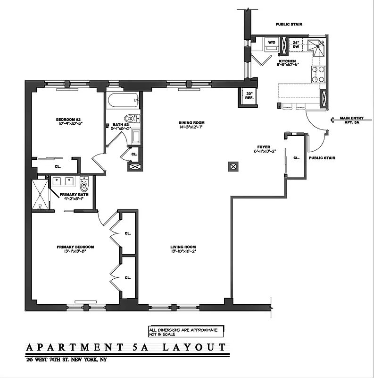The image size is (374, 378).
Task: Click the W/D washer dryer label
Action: pyautogui.click(x=272, y=42)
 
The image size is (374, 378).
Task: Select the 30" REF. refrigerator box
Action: pyautogui.click(x=249, y=96)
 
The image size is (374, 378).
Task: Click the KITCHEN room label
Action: pyautogui.click(x=287, y=61)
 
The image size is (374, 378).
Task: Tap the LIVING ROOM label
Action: pyautogui.click(x=183, y=247)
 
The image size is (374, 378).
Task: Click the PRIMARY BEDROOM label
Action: pyautogui.click(x=75, y=247)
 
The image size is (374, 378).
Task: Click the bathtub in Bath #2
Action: pyautogui.click(x=123, y=100)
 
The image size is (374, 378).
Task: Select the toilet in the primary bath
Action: pyautogui.click(x=84, y=183)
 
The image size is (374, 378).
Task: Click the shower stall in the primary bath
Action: pyautogui.click(x=41, y=194)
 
